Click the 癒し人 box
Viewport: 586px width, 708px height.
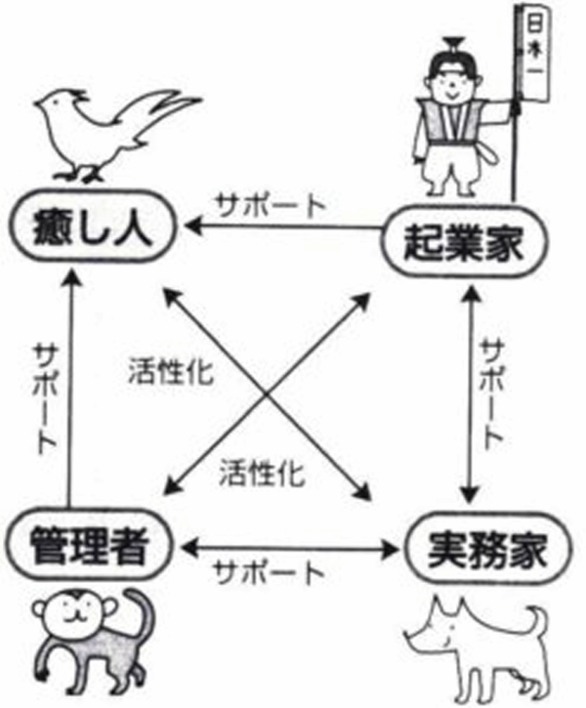click(89, 231)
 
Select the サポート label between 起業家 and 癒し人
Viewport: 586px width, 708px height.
click(272, 205)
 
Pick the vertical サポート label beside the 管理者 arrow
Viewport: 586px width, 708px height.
click(45, 398)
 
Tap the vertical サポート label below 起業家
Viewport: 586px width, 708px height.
click(491, 395)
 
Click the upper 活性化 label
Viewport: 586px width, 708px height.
click(171, 371)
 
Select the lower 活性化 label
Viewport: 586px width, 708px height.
click(262, 474)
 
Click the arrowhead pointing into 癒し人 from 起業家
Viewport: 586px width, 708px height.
click(193, 225)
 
